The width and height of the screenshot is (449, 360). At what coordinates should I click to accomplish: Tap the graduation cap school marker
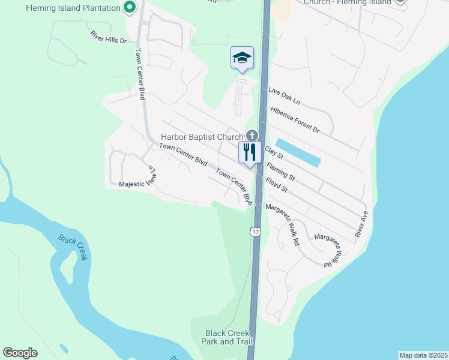click(x=242, y=58)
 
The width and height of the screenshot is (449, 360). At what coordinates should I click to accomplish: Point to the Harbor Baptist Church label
click(x=202, y=137)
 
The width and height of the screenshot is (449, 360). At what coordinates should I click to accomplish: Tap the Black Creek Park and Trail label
click(x=228, y=337)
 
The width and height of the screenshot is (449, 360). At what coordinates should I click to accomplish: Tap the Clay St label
click(x=274, y=153)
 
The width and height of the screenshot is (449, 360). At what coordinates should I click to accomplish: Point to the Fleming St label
click(x=281, y=173)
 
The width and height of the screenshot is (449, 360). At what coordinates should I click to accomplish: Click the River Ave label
click(x=361, y=223)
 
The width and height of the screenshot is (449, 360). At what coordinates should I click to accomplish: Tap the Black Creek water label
click(x=73, y=247)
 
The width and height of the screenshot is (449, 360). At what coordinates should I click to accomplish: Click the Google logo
click(x=20, y=353)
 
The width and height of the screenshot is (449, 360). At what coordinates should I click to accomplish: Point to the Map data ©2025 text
click(x=423, y=355)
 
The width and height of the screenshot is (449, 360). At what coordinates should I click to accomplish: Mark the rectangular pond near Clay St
click(x=298, y=153)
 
